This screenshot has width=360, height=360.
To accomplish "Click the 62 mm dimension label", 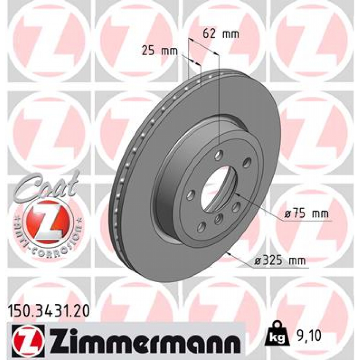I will coord(221,34).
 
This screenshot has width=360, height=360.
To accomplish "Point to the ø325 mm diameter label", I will coord(280,261).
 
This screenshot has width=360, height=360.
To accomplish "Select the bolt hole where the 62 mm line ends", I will coord(219,154).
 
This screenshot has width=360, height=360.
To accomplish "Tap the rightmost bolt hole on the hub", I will coord(247,162).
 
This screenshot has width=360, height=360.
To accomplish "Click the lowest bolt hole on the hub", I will coord(201,227).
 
